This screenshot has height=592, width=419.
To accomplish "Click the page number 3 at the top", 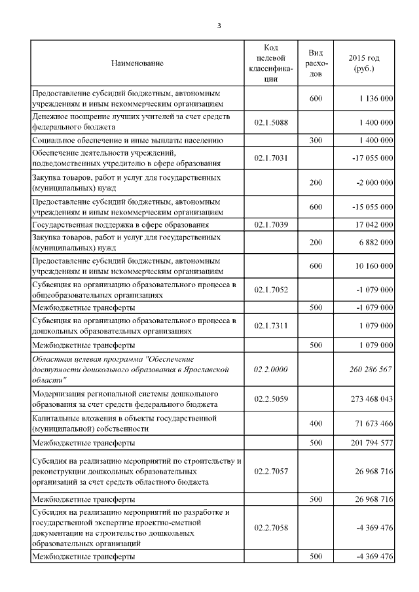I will click(x=219, y=26).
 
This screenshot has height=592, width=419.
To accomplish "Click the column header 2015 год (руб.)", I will click(x=363, y=63).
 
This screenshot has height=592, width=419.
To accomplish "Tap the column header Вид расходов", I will click(x=316, y=63).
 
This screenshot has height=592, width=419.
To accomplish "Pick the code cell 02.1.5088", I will click(x=271, y=122).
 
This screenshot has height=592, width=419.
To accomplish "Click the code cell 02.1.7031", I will click(x=271, y=158).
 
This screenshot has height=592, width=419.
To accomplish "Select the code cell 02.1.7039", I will click(x=271, y=224).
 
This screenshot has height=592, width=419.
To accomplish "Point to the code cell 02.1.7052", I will click(x=271, y=289).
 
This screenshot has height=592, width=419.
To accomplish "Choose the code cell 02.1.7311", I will click(x=271, y=325).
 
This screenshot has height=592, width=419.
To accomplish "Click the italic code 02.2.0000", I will click(x=271, y=370).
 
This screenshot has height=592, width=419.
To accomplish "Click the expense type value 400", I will click(x=316, y=424).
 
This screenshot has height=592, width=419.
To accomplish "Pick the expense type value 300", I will click(x=316, y=141).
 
